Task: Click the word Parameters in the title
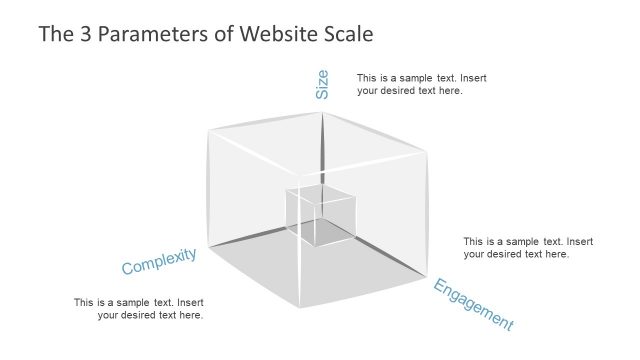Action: pyautogui.click(x=148, y=34)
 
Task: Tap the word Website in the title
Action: pyautogui.click(x=277, y=34)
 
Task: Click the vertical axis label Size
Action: pyautogui.click(x=322, y=84)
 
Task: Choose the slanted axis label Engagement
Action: pyautogui.click(x=473, y=305)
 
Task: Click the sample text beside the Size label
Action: pyautogui.click(x=422, y=84)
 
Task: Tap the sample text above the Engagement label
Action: pyautogui.click(x=528, y=248)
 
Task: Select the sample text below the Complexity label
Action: pyautogui.click(x=139, y=309)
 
